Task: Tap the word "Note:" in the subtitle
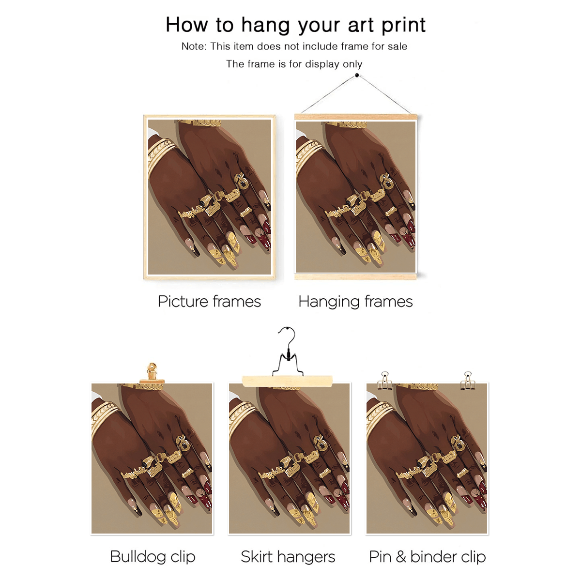point(194,46)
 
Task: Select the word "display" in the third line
point(322,64)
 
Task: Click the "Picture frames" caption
point(209,301)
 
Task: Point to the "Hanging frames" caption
point(355,302)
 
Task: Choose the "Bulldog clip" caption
point(153,556)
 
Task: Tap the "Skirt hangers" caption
point(288,557)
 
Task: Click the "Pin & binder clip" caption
point(427,557)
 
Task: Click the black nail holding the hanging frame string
point(357,76)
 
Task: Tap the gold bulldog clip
point(152,374)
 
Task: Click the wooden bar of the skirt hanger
point(287,381)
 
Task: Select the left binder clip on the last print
point(384,381)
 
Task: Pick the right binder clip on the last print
point(468,381)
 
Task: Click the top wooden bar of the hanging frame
point(356,117)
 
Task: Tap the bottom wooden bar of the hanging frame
point(356,276)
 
